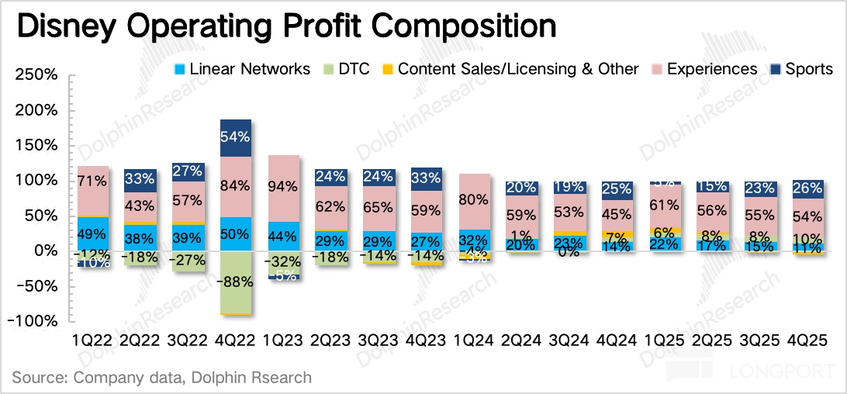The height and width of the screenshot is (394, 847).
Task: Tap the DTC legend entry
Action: (x=354, y=69)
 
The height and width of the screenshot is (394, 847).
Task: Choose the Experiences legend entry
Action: (x=711, y=69)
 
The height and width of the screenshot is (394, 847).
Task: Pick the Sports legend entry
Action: (x=808, y=69)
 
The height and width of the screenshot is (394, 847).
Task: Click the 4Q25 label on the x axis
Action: (x=808, y=340)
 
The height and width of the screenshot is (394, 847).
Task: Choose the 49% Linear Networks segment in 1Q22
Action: (x=93, y=234)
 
